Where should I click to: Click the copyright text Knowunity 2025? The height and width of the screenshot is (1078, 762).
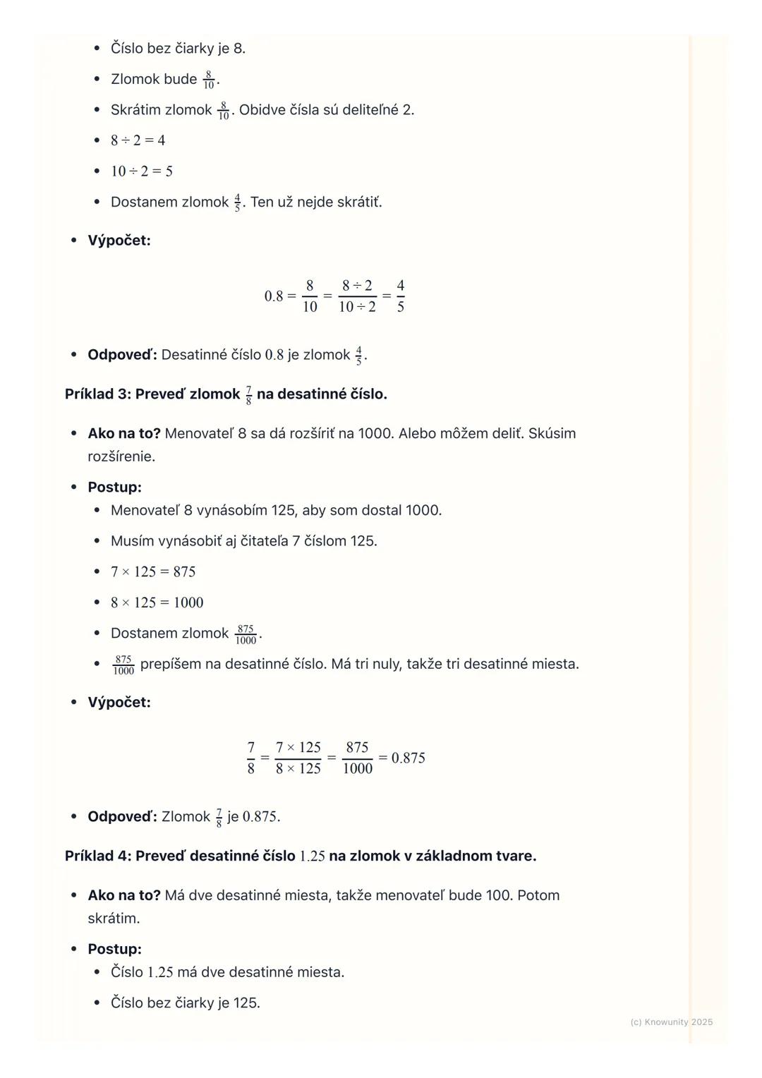[x=671, y=1022]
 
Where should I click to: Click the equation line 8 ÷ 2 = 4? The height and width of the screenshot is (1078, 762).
[x=138, y=140]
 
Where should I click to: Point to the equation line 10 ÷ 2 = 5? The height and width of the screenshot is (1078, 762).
[x=141, y=171]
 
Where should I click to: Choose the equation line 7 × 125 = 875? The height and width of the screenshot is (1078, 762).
[x=153, y=572]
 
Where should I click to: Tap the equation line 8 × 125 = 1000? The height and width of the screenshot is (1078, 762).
[x=157, y=602]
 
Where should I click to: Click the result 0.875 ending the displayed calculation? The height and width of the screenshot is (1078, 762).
[x=408, y=758]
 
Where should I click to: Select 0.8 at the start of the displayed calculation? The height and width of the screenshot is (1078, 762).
[x=274, y=296]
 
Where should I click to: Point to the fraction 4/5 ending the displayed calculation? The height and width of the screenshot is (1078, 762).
[x=400, y=296]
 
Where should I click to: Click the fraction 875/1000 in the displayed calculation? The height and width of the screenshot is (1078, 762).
[x=357, y=758]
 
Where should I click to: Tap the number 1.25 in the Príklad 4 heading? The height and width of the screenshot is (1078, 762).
[x=312, y=856]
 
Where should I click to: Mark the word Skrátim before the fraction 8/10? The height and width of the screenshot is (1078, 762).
[x=135, y=110]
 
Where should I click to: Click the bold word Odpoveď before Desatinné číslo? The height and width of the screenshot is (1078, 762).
[x=121, y=355]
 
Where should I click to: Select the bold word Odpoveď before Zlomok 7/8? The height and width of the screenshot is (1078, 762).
[x=121, y=817]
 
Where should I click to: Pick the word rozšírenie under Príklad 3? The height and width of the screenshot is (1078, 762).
[x=121, y=456]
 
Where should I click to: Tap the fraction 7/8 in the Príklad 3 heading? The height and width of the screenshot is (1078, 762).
[x=248, y=395]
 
